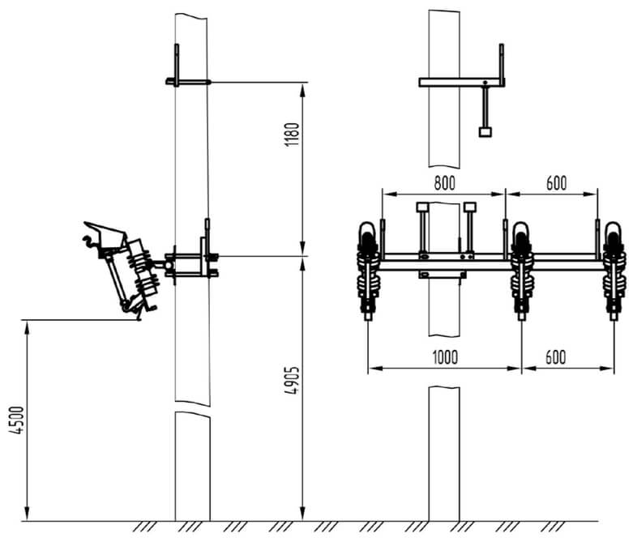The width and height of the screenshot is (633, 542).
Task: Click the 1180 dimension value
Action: [x=292, y=134]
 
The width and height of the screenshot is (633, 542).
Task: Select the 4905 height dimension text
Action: [x=292, y=380]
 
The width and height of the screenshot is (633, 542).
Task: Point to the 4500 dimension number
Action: [x=17, y=420]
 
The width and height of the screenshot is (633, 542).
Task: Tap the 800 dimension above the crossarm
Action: [x=444, y=183]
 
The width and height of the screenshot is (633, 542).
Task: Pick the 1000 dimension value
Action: [x=445, y=357]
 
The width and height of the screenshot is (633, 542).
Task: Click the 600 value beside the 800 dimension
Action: [x=556, y=183]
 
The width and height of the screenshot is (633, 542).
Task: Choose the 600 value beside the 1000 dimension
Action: [x=556, y=357]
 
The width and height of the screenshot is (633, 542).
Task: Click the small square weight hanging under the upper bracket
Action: [x=485, y=132]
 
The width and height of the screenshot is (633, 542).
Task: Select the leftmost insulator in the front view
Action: [x=368, y=271]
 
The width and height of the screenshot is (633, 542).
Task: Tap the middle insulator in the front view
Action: [x=522, y=271]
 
